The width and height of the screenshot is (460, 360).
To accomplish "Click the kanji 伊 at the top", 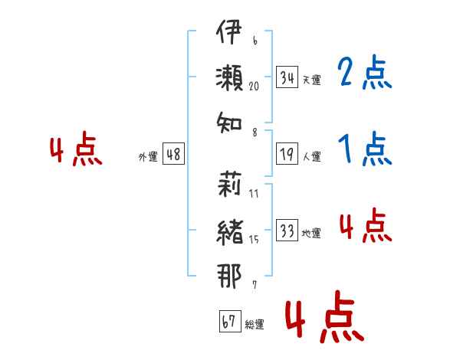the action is (229, 31).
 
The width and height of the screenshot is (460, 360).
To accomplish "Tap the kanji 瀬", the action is (229, 77).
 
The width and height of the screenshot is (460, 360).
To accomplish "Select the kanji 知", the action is (229, 123).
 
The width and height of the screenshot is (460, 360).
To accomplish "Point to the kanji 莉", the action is (229, 184).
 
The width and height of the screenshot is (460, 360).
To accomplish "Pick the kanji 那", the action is (229, 276).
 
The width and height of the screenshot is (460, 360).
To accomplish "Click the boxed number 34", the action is (287, 77).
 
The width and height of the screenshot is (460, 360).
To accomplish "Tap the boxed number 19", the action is (287, 154).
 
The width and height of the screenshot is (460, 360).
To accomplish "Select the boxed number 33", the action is (287, 230).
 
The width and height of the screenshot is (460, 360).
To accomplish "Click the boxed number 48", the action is (174, 154).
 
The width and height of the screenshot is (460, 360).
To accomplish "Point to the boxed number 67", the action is (230, 321).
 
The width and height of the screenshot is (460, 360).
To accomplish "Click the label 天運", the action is (311, 80).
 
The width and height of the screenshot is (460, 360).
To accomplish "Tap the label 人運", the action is (311, 156).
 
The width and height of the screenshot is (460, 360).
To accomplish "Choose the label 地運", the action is (311, 233).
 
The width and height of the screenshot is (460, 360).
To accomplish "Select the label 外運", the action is (148, 156).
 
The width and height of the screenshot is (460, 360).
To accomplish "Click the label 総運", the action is (255, 324).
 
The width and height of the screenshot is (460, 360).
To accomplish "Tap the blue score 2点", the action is (365, 73).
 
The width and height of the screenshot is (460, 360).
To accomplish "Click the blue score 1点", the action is (365, 149).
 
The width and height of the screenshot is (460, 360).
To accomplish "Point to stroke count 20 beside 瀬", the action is (254, 86).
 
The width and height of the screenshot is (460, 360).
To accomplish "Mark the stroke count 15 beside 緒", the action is (254, 240).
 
